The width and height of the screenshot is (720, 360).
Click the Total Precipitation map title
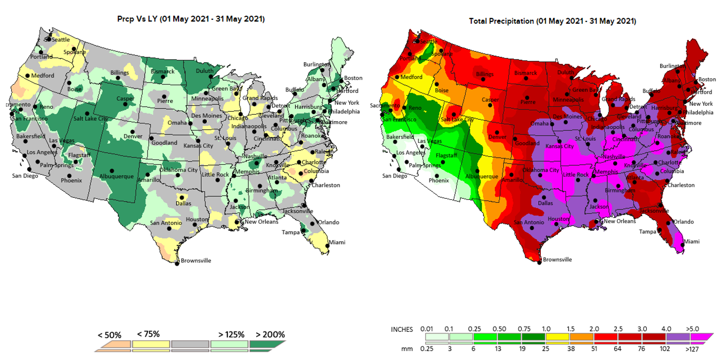(x=552, y=21)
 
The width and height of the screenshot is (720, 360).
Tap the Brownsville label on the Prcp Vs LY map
(x=196, y=261)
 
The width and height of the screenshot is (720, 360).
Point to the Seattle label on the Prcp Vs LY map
(x=61, y=40)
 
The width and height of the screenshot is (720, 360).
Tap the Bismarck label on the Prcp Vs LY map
(x=162, y=72)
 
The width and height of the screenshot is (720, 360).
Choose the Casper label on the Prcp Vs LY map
(x=125, y=99)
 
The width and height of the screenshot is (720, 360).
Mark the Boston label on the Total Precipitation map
(x=707, y=79)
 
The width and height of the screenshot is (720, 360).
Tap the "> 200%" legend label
(x=270, y=334)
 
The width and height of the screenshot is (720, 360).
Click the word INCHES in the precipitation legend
(x=402, y=329)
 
